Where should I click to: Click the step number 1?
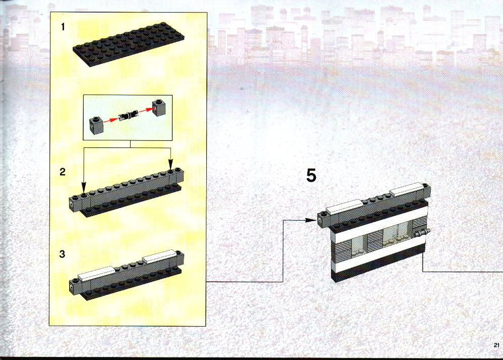coord(63,27)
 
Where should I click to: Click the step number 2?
coord(63,172)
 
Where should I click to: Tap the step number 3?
coord(62,254)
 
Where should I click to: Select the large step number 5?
coord(311,175)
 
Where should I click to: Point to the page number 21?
coord(496,345)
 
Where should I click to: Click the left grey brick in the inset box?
coord(96,125)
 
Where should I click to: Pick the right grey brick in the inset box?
coord(159,107)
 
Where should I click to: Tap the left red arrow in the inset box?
coord(111,120)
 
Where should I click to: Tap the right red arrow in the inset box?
coord(146,110)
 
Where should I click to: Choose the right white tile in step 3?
coord(160,257)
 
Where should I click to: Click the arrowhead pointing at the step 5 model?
coord(310,220)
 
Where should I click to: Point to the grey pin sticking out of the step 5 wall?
coord(421,233)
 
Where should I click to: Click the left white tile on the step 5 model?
coord(344,207)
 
